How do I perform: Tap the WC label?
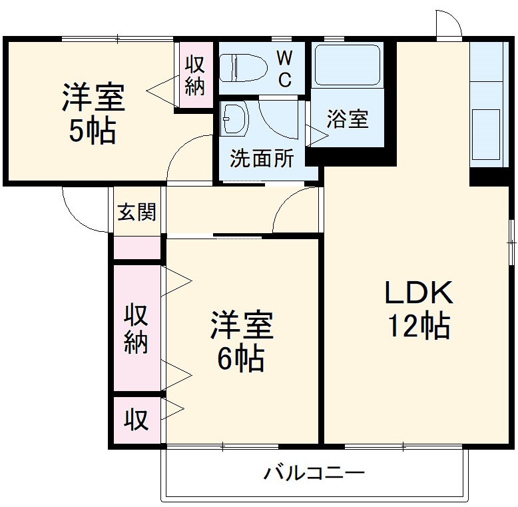(x=284, y=69)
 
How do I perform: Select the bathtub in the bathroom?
(x=346, y=65)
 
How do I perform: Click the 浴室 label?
(x=347, y=120)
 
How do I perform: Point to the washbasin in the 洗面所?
(x=234, y=118)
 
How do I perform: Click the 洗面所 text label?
(x=261, y=159)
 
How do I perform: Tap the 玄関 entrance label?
(x=137, y=212)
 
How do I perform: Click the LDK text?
(x=418, y=292)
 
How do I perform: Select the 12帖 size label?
(x=418, y=326)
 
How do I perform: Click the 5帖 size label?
(x=93, y=131)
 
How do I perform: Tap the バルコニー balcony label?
(x=314, y=474)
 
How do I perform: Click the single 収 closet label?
(x=136, y=420)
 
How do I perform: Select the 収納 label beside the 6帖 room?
(x=136, y=328)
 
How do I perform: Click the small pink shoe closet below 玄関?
(x=137, y=248)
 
